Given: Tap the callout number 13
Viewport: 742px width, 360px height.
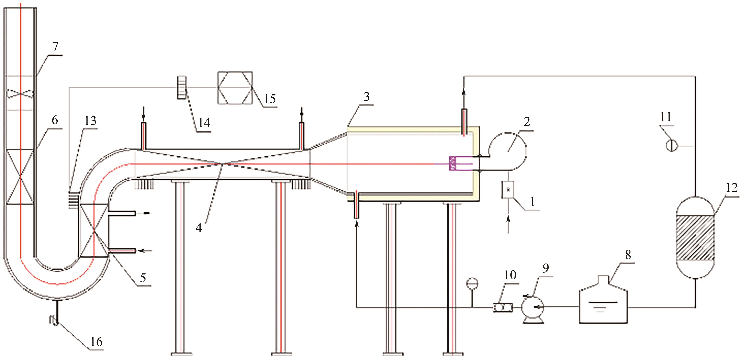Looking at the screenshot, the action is click(90, 121).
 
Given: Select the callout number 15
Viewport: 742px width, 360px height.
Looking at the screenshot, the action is click(270, 99).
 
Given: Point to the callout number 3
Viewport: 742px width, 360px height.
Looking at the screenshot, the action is click(366, 97).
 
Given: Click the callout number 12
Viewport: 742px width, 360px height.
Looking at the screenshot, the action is click(732, 187).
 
